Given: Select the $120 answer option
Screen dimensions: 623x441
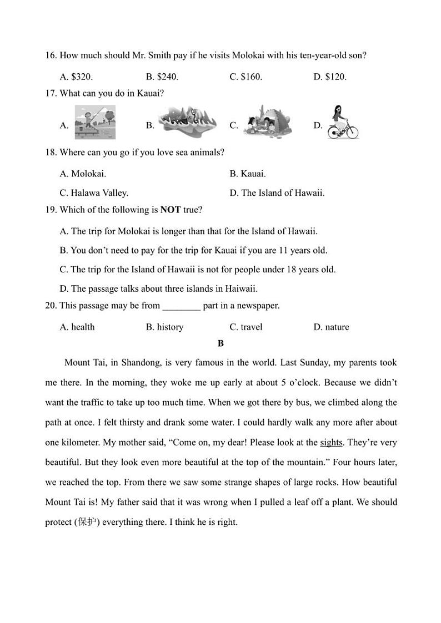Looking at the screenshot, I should [x=330, y=77].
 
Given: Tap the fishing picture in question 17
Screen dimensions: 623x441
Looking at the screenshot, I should [x=94, y=123].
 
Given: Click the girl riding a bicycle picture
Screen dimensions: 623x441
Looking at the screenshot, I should [x=342, y=123].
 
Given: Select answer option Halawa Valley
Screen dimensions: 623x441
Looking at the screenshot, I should [x=94, y=193].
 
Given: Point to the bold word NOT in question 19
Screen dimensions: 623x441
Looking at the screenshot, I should [x=171, y=210].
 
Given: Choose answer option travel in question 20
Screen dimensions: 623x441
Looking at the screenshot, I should [x=246, y=327].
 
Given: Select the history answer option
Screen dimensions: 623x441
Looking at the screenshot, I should [x=164, y=327].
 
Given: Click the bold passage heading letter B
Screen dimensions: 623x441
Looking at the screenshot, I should [x=220, y=343].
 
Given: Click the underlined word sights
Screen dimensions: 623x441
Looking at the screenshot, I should [x=331, y=443].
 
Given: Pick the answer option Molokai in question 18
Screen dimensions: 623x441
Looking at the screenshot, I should [x=83, y=174].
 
